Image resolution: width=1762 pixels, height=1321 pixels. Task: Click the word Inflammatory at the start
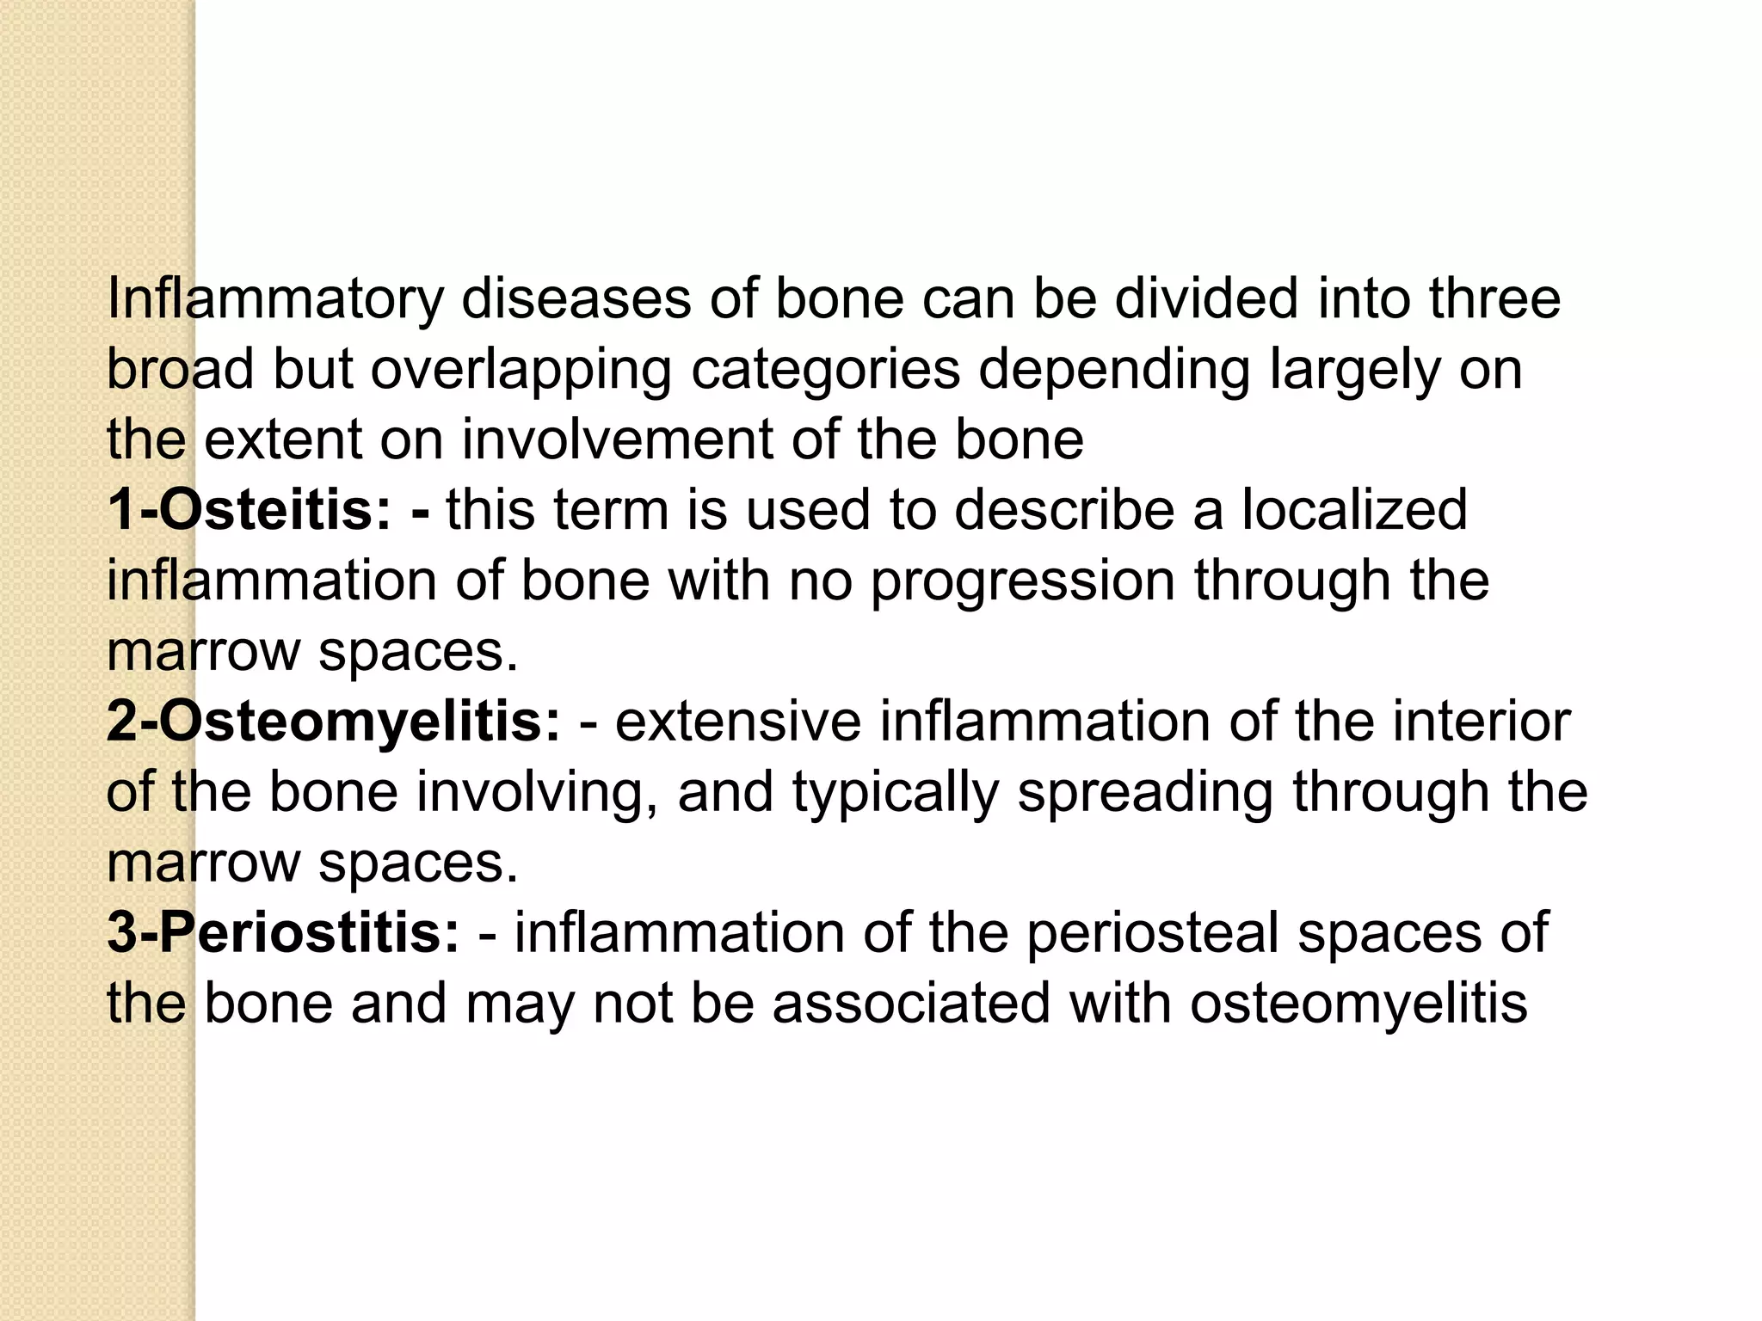point(275,299)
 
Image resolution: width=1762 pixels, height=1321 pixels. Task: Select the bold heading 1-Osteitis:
point(250,510)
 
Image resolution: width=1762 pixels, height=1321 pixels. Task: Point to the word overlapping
point(521,370)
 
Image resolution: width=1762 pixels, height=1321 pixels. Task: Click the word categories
point(825,370)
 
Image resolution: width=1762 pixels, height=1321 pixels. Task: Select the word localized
point(1354,510)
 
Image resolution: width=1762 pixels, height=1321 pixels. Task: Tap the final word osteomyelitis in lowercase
point(1358,1004)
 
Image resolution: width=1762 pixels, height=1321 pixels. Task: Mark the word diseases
point(576,299)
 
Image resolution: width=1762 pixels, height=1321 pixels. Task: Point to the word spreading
point(1145,792)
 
